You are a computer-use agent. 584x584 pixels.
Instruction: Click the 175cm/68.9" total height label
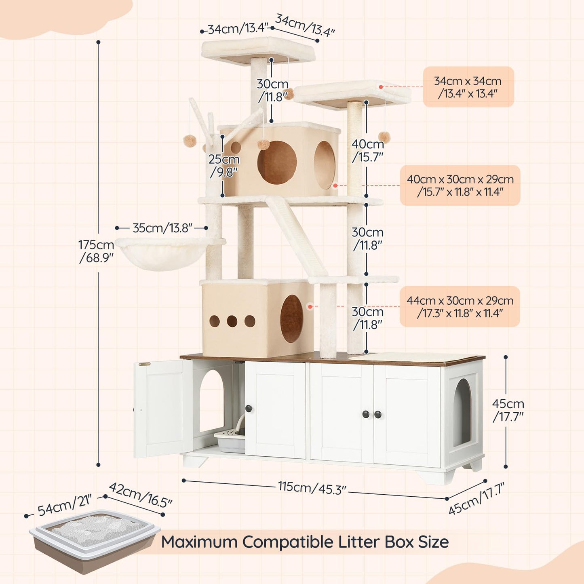(x=96, y=251)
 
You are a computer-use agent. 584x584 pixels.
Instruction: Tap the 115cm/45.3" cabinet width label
(x=312, y=487)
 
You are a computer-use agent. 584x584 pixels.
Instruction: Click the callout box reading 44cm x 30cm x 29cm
(x=460, y=307)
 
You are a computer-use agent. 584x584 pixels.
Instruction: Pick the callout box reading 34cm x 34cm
(x=468, y=87)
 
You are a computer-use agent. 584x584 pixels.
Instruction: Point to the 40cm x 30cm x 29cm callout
(x=460, y=186)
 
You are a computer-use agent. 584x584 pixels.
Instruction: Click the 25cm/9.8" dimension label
(x=224, y=165)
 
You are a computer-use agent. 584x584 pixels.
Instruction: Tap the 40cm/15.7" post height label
(x=367, y=150)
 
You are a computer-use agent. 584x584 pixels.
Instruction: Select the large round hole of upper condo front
(x=277, y=162)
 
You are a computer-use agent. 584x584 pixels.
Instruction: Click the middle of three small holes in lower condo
(x=232, y=321)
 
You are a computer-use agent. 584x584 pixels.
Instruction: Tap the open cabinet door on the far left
(x=162, y=408)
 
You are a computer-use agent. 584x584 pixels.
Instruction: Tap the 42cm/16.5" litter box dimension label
(x=140, y=495)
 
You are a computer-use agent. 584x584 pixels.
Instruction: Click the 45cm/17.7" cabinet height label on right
(x=508, y=410)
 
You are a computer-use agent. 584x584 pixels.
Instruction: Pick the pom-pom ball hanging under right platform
(x=384, y=137)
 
